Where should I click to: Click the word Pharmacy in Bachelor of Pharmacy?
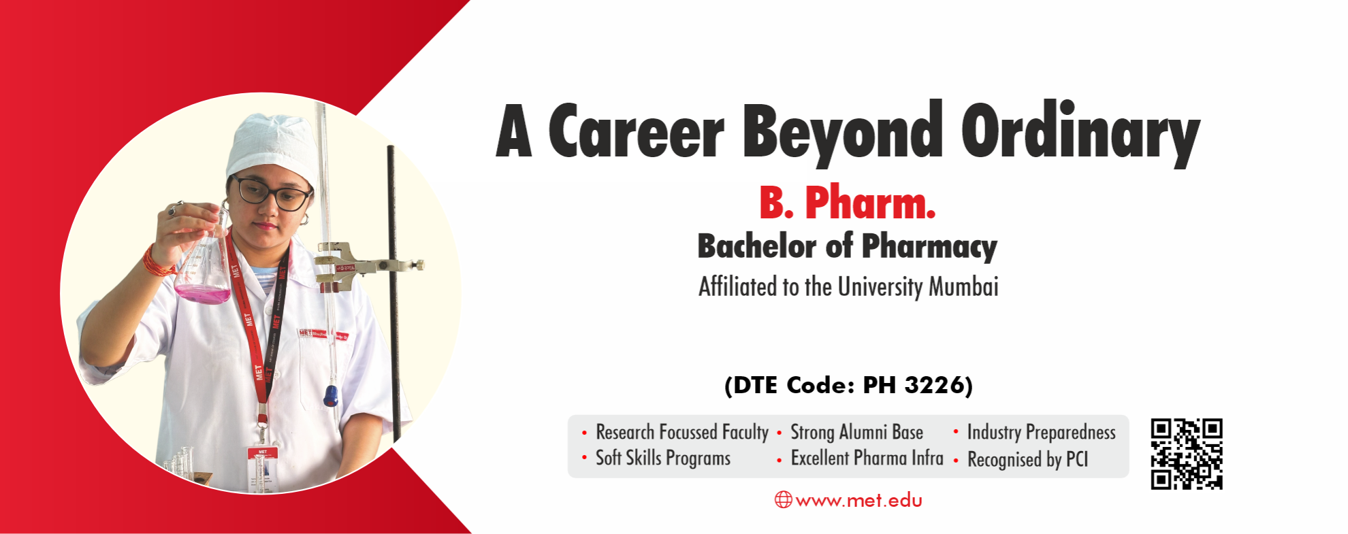tap(929, 246)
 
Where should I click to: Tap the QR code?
tap(1187, 454)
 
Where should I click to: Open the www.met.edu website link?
tap(858, 501)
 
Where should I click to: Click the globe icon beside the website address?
tap(783, 500)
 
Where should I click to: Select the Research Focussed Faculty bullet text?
tap(681, 433)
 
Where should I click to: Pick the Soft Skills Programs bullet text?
tap(662, 458)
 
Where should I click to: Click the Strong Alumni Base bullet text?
tap(856, 433)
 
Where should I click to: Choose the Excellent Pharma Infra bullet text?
tap(867, 458)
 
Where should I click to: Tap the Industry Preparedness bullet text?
tap(1041, 433)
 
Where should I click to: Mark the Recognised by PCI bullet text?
tap(1027, 460)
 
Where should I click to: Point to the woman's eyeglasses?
tap(270, 193)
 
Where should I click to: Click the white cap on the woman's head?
tap(269, 146)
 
